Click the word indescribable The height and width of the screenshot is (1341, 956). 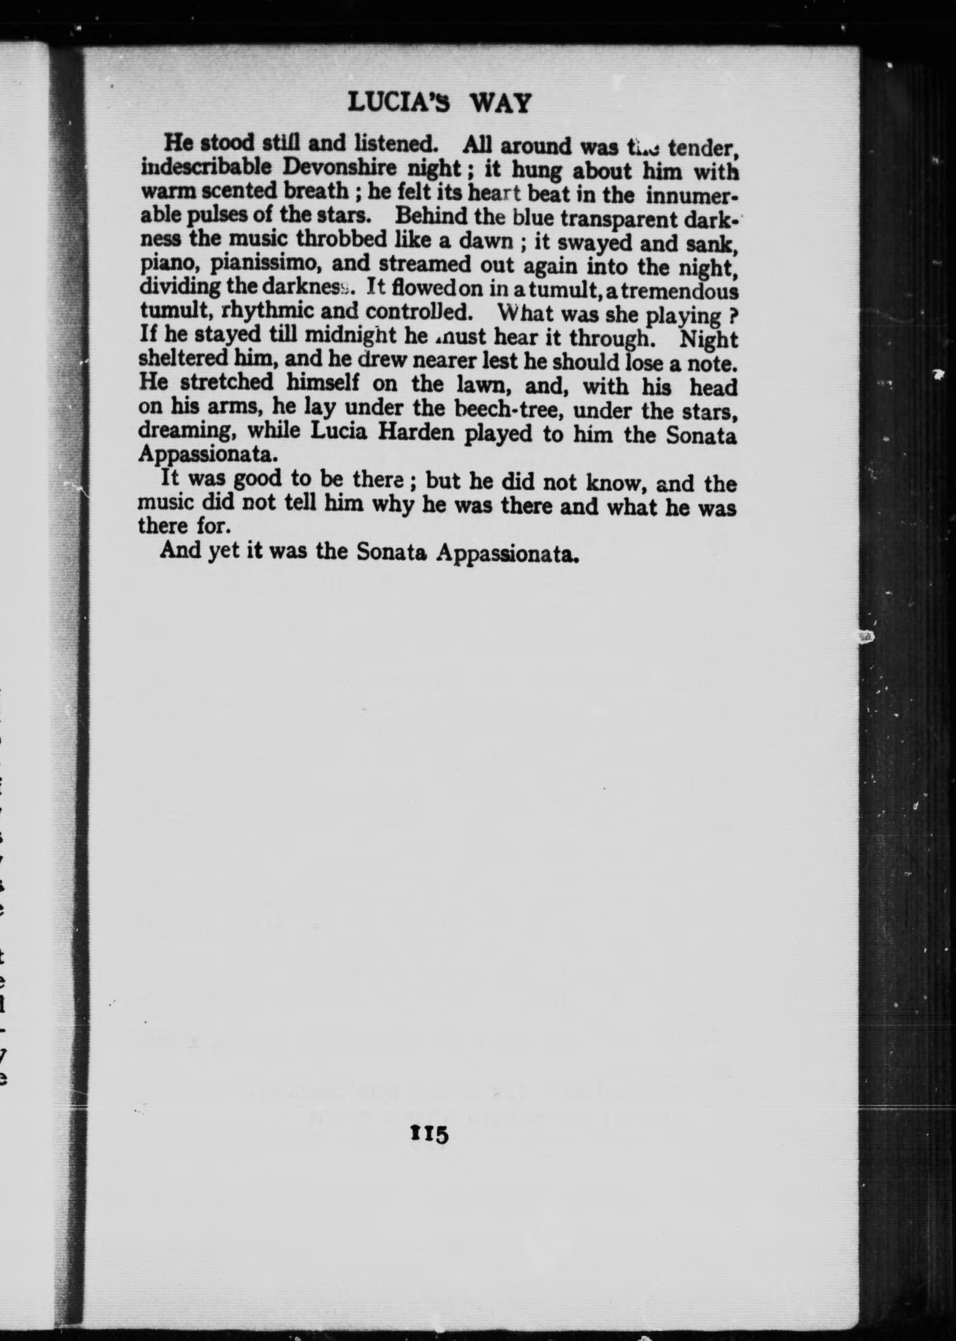206,167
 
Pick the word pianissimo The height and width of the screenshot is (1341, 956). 265,263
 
